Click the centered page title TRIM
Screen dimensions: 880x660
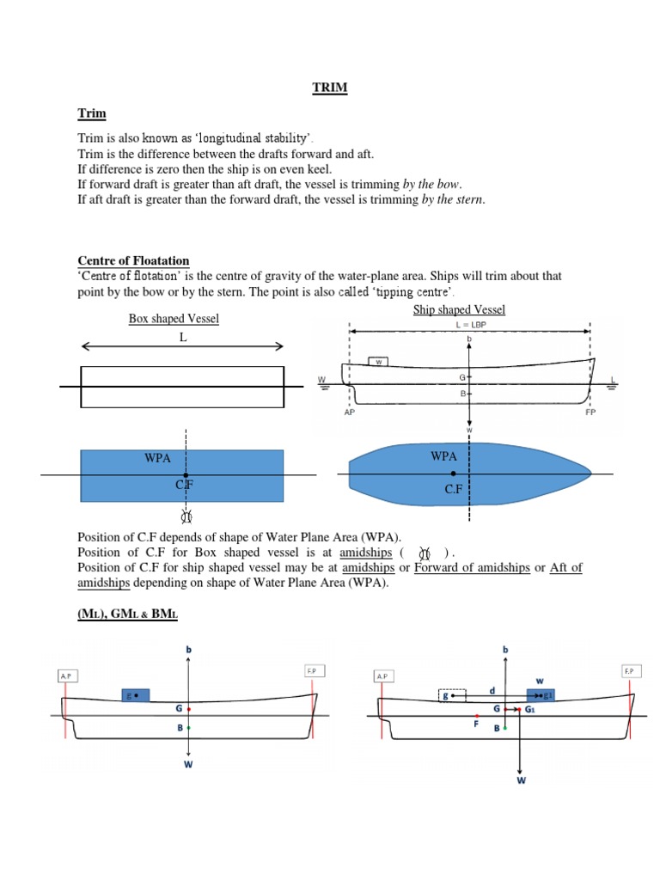point(330,89)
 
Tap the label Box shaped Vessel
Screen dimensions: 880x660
point(174,319)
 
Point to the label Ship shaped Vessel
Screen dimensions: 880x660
point(459,309)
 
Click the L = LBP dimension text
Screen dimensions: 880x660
point(469,326)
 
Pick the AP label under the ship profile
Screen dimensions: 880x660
point(350,412)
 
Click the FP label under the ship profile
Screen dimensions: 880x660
point(590,412)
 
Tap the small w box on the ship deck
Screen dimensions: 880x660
point(376,363)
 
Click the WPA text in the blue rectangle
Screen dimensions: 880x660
point(158,458)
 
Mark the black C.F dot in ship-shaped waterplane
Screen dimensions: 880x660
point(454,474)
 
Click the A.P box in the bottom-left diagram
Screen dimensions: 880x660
point(66,676)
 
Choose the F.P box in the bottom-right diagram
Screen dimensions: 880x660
point(630,670)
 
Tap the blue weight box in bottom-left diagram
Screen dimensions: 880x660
point(136,695)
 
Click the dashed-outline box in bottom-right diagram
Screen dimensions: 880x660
point(451,696)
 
